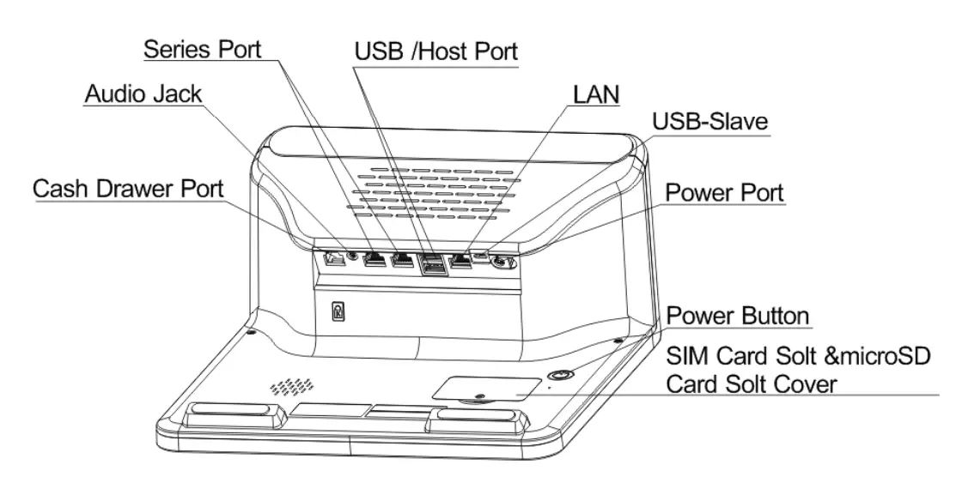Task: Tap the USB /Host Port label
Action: coord(436,51)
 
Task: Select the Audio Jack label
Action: coord(143,94)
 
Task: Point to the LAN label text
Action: coord(595,94)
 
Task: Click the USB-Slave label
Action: coord(709,122)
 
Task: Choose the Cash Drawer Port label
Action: coord(129,189)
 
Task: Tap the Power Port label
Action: coord(725,193)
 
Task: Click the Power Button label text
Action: coord(738,316)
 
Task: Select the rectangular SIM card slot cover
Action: coord(485,389)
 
